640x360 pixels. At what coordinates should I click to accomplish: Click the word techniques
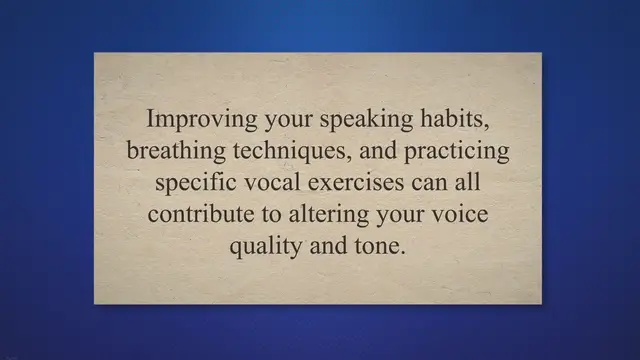pyautogui.click(x=277, y=151)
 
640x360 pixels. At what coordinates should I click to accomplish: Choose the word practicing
pyautogui.click(x=454, y=151)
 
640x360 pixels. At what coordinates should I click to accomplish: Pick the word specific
pyautogui.click(x=192, y=184)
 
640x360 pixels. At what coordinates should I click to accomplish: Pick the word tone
pyautogui.click(x=381, y=248)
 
